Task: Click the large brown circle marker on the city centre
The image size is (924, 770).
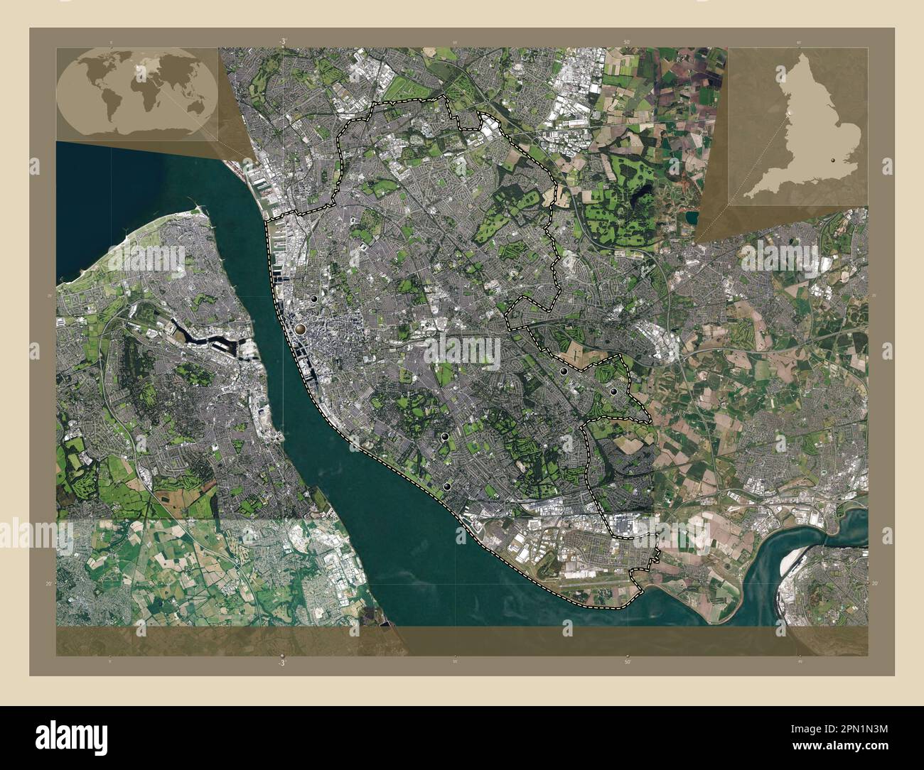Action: pos(301,329)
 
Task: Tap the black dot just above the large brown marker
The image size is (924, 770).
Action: pos(313,300)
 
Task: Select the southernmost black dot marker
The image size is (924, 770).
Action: pos(447,486)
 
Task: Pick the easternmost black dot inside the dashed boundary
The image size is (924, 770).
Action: pos(613,391)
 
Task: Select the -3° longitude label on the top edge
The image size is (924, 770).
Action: pos(282,42)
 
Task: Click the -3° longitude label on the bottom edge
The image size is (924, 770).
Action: pos(282,662)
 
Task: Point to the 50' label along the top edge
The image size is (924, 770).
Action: pos(627,43)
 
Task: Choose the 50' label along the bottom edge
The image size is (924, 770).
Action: pos(627,662)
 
